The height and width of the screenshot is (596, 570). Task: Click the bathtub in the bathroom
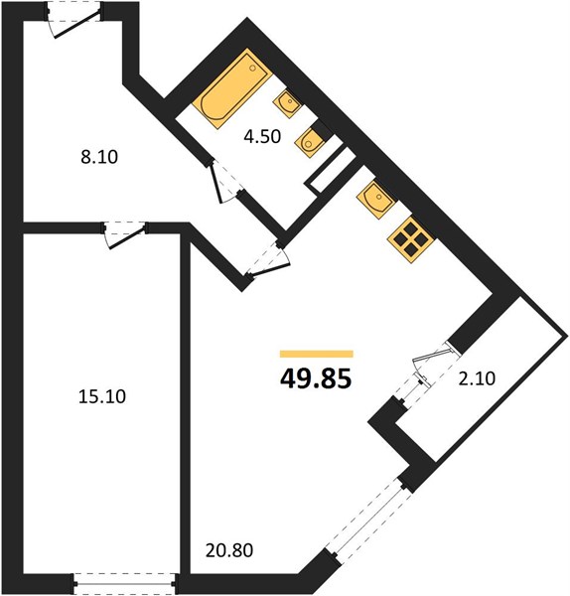(231, 89)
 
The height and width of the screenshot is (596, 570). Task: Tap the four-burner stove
(410, 239)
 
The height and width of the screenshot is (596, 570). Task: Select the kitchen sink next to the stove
(376, 200)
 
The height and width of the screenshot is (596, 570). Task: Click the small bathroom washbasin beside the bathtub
(287, 102)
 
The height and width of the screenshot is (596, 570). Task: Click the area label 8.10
(99, 157)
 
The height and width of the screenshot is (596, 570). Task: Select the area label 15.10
(102, 396)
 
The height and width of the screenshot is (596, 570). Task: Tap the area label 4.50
(262, 136)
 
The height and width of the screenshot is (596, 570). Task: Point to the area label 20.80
(229, 550)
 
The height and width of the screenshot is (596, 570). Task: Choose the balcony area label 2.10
(477, 378)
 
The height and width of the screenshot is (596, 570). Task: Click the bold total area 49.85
(316, 379)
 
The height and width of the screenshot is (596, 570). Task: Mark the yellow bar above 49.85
(317, 354)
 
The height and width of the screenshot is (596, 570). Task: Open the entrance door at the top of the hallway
(75, 21)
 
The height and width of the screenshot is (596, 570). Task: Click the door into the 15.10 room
(125, 234)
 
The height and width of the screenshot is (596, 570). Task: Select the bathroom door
(226, 182)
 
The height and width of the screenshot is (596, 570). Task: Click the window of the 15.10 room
(125, 583)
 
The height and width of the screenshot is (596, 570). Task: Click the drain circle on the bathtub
(252, 68)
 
